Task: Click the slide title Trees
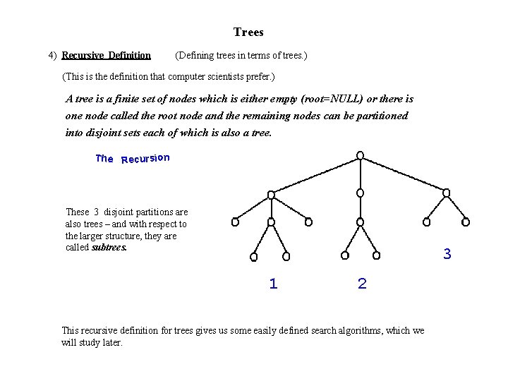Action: [248, 32]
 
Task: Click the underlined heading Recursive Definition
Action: [106, 55]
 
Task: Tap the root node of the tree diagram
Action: [361, 155]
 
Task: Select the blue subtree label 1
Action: [274, 284]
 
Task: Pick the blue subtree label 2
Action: [362, 284]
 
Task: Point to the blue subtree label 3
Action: [447, 254]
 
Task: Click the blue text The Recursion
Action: [133, 158]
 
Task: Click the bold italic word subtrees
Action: [109, 248]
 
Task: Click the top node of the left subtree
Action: [272, 194]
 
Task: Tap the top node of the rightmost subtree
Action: [446, 193]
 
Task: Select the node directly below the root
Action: [361, 193]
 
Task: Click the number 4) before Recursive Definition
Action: [52, 55]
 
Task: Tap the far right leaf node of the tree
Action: [465, 222]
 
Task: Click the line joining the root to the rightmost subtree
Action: [404, 174]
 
